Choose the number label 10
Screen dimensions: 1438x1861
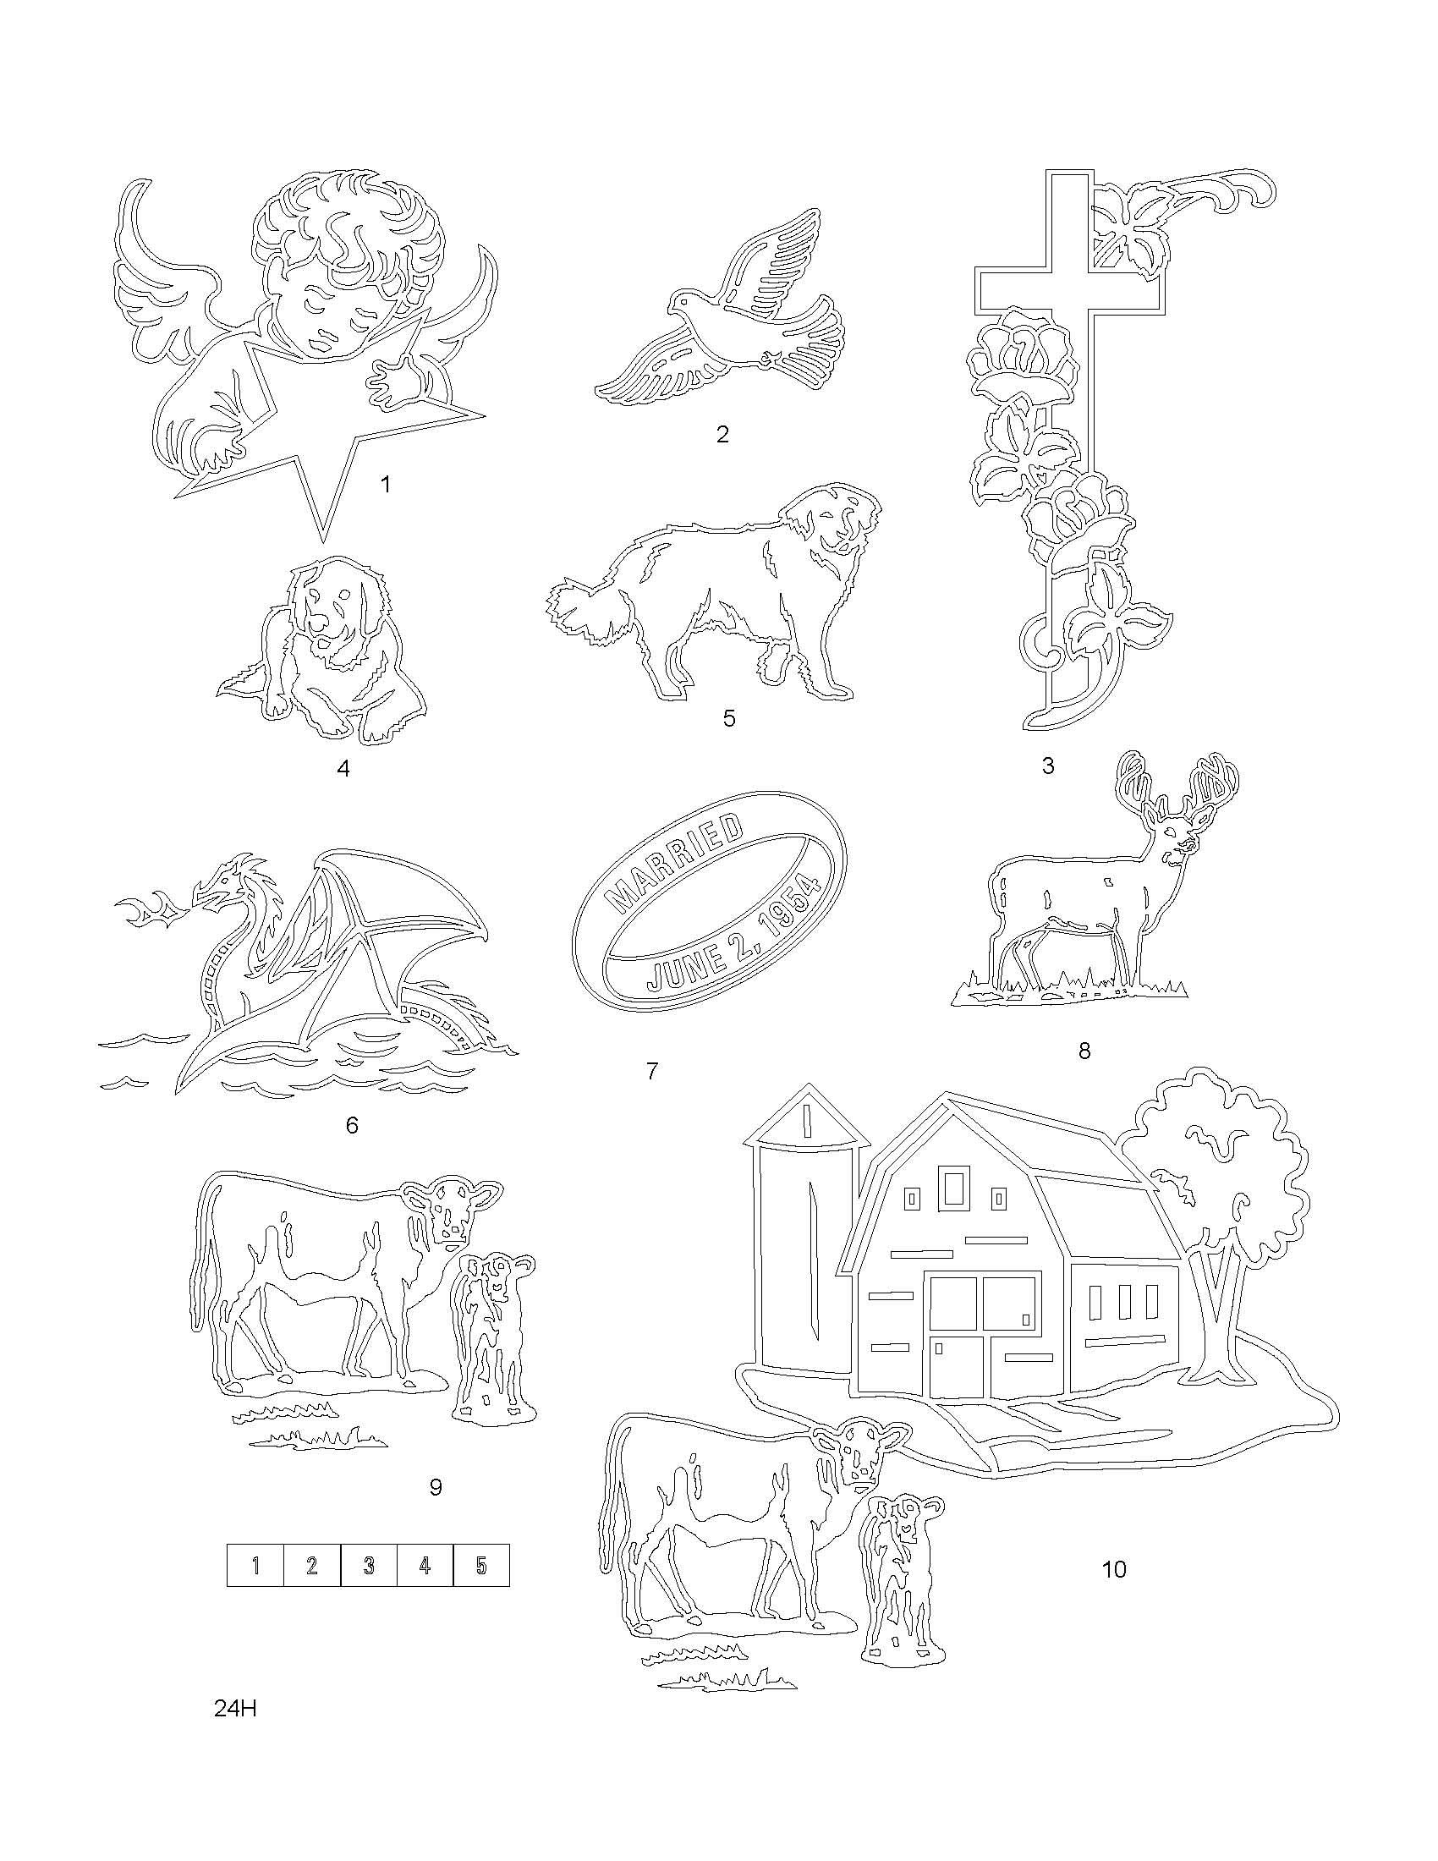(1113, 1568)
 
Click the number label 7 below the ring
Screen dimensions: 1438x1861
(651, 1071)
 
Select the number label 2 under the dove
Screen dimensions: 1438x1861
(722, 435)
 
